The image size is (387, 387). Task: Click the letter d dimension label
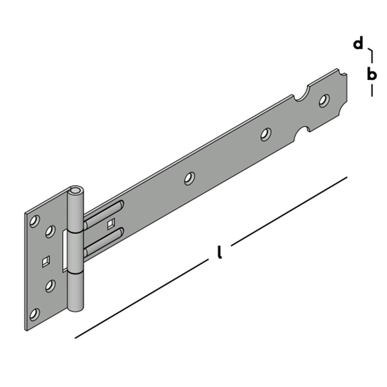coord(358,44)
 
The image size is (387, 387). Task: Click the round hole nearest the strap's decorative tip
coord(324,101)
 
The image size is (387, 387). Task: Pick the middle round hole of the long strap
coord(265,134)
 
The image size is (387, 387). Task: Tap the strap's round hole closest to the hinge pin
coord(189,178)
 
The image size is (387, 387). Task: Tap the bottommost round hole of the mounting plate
coord(34,313)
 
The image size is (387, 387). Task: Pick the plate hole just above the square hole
coord(50,231)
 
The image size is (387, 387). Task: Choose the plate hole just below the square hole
coord(50,286)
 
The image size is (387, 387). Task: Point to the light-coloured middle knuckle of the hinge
coord(74,252)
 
